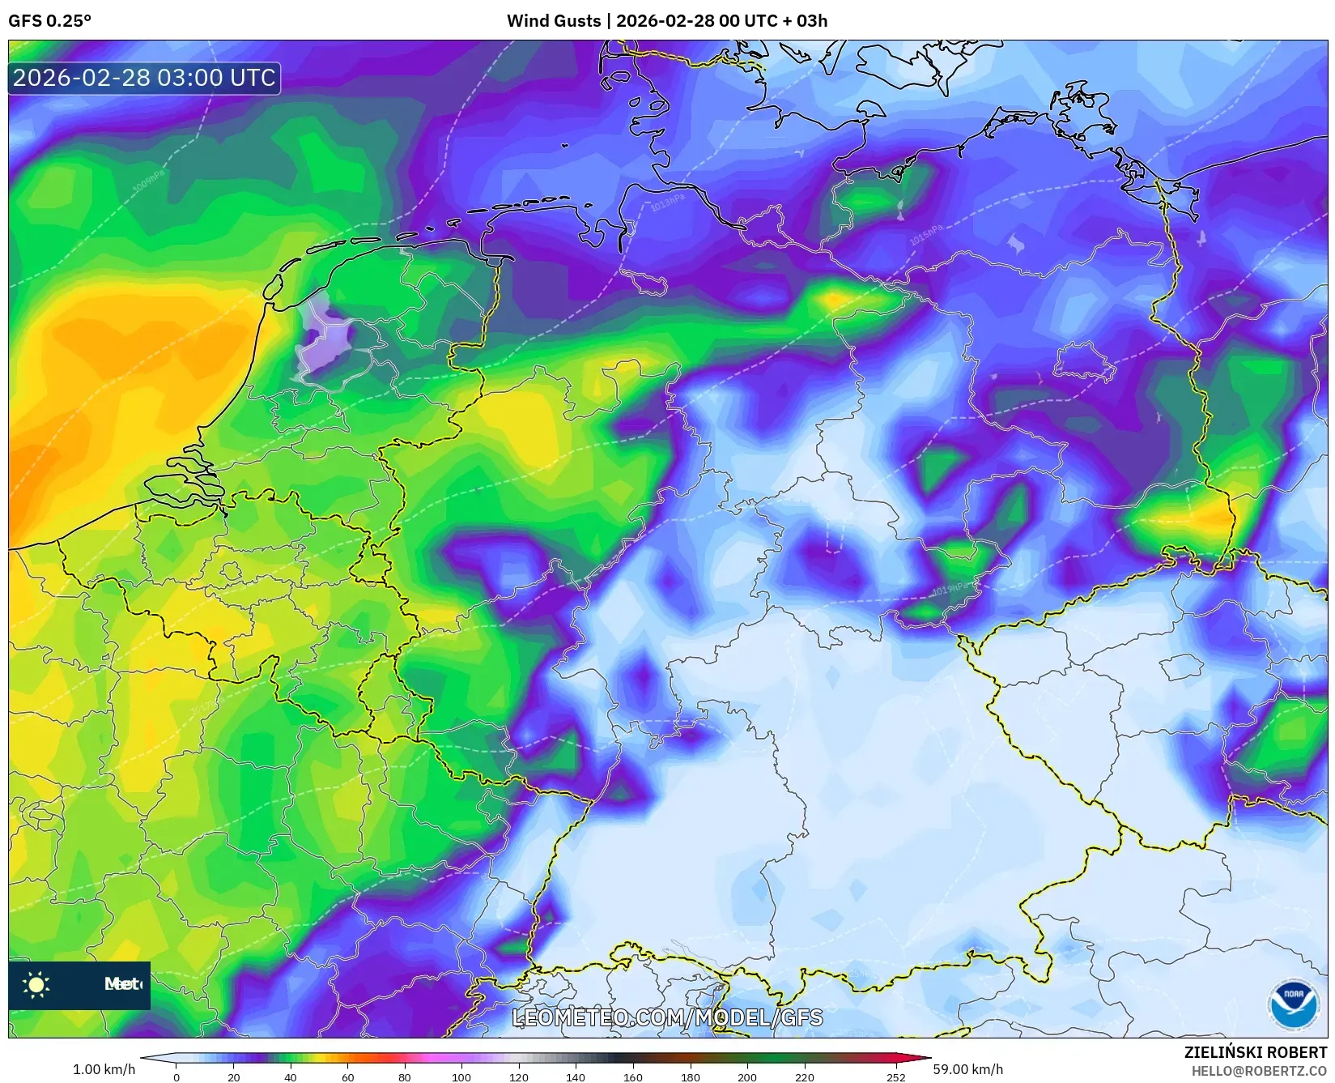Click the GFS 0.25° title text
[49, 21]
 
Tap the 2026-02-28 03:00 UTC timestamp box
[144, 78]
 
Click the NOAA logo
[1293, 1004]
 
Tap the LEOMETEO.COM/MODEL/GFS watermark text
[668, 1017]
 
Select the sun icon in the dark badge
[36, 984]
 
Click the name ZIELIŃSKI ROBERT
[1256, 1052]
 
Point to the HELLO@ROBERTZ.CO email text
[1259, 1071]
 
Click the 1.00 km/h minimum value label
[104, 1069]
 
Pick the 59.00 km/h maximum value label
[967, 1069]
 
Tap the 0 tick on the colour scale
[176, 1077]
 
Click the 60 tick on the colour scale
[347, 1077]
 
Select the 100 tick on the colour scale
[461, 1077]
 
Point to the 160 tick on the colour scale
[633, 1077]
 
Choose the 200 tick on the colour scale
[747, 1077]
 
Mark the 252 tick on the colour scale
[895, 1077]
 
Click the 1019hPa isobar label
[950, 589]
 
